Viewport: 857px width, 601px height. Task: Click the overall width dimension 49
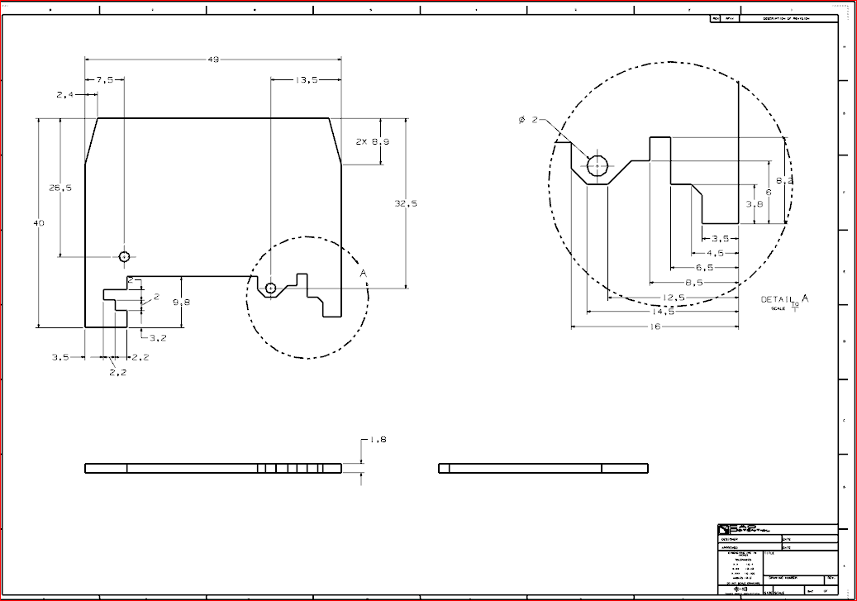(213, 60)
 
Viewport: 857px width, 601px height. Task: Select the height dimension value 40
(39, 223)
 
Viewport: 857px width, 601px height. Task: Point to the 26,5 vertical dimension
(60, 188)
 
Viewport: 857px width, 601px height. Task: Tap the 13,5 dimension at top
(306, 80)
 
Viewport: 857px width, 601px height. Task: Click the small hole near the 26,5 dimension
(124, 256)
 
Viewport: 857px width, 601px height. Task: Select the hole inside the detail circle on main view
(270, 288)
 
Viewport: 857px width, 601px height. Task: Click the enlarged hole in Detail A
(597, 165)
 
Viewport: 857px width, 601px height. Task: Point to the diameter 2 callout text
(528, 120)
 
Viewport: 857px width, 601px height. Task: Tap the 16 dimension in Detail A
(655, 327)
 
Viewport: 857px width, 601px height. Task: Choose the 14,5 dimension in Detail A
(662, 312)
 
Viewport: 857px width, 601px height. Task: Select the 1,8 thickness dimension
(379, 440)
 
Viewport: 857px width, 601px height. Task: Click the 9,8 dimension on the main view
(181, 302)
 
